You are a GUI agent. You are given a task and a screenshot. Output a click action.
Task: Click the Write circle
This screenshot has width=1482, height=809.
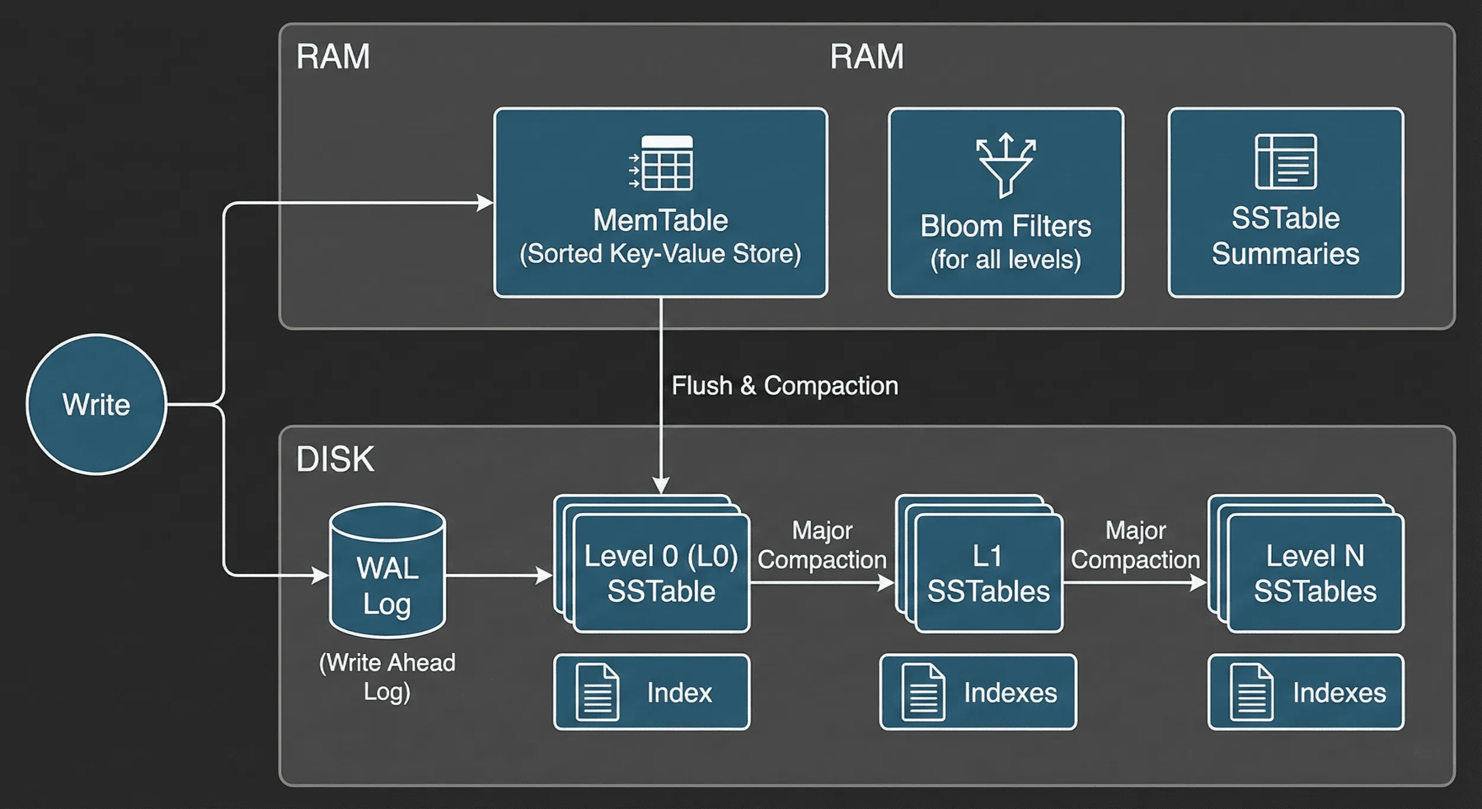(96, 404)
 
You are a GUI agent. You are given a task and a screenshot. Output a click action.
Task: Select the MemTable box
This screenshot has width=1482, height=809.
(660, 202)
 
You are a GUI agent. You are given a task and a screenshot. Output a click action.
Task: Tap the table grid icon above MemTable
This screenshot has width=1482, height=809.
(661, 163)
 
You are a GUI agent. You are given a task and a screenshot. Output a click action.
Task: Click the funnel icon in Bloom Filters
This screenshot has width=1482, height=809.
(1006, 165)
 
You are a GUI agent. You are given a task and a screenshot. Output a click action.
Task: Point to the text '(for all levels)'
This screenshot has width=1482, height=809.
(1006, 260)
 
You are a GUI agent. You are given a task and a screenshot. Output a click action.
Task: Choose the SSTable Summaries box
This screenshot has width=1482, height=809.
(1286, 202)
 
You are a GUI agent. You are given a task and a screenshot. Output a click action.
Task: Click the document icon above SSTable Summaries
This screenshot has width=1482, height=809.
(1286, 161)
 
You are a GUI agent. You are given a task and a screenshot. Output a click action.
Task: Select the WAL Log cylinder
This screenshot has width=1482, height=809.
(387, 571)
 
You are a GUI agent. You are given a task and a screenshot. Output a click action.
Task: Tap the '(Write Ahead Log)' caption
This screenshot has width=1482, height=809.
(387, 677)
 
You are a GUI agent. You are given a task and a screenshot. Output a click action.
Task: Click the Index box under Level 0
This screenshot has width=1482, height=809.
(651, 692)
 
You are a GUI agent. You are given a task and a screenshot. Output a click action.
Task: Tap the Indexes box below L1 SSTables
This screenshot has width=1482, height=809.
(978, 692)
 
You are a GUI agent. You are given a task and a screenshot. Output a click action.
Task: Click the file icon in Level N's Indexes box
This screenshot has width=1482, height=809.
(1251, 692)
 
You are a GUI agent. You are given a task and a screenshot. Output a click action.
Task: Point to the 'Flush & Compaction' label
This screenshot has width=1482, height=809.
(785, 386)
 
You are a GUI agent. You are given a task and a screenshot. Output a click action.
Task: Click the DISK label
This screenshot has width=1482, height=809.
(335, 459)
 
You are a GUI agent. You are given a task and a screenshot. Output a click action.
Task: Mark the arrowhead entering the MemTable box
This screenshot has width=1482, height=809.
(486, 203)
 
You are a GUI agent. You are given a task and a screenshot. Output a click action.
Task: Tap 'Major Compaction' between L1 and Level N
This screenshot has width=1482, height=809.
(1135, 545)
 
